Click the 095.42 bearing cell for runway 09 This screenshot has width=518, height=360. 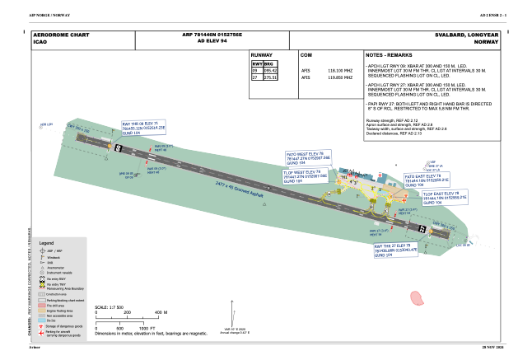pyautogui.click(x=269, y=71)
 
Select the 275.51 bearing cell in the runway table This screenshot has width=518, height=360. pyautogui.click(x=269, y=77)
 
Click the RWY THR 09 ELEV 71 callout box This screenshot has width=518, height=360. pyautogui.click(x=143, y=127)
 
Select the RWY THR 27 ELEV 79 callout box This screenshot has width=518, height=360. pyautogui.click(x=395, y=250)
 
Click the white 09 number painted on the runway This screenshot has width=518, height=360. pyautogui.click(x=119, y=147)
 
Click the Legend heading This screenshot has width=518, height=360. pyautogui.click(x=46, y=244)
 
